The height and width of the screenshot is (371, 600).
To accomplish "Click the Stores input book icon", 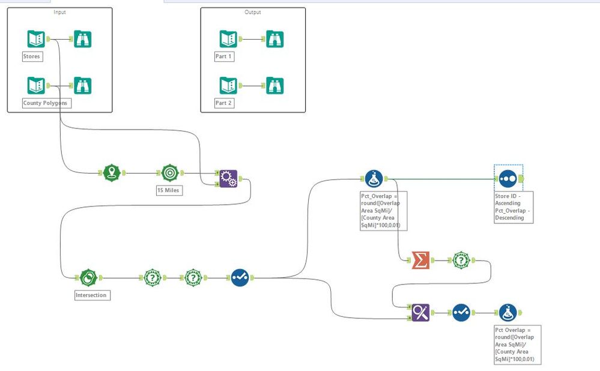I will click(36, 39).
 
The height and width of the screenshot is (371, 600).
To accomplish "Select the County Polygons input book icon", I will click(36, 85).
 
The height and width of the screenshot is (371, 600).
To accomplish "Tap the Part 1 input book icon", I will click(228, 39).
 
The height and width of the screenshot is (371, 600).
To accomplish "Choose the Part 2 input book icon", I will click(228, 85).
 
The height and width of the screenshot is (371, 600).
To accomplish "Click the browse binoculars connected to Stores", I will click(82, 39).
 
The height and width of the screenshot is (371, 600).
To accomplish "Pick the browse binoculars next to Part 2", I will click(274, 85).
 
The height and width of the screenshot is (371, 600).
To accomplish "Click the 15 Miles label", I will click(169, 191).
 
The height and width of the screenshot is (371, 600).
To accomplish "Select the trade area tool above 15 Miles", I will click(169, 173).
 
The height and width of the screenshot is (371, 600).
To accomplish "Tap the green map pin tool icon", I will click(112, 173).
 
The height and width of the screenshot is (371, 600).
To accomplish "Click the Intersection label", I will click(91, 295).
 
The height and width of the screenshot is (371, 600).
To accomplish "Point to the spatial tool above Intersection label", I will click(88, 278).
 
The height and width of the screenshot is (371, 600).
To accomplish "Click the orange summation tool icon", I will click(420, 261).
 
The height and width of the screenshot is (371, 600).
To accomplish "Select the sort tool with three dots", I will click(508, 179).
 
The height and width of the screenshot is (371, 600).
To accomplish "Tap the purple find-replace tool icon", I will click(420, 312).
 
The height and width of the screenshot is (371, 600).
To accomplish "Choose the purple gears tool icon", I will click(228, 178).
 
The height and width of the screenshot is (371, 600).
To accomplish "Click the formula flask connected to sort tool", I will click(374, 179).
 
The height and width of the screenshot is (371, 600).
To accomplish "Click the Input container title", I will click(59, 12).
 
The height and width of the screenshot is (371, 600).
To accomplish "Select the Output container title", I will click(253, 12).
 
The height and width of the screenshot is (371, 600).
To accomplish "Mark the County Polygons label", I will click(46, 103).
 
